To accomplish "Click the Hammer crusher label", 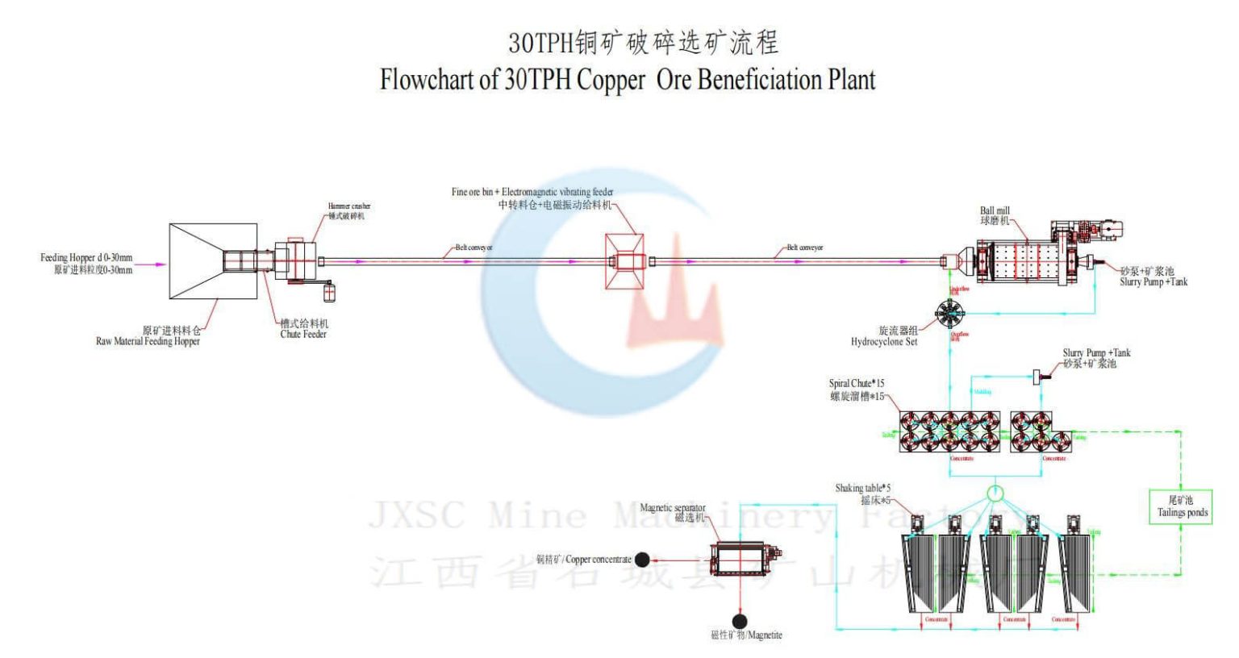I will pos(348,206).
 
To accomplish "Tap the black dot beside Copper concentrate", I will pos(643,560).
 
